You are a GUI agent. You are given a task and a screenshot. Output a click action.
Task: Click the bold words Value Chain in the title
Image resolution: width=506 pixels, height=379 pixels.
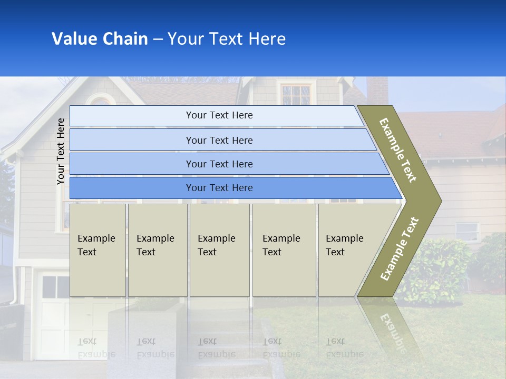point(100,39)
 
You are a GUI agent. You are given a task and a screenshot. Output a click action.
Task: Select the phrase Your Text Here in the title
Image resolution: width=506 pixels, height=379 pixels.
point(227,39)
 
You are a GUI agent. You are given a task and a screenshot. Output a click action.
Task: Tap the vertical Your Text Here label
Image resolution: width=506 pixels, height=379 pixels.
point(61,151)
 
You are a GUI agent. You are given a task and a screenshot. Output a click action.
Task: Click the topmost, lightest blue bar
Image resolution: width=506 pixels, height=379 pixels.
point(216,115)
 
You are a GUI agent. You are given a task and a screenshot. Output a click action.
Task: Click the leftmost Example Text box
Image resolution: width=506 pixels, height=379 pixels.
point(98,250)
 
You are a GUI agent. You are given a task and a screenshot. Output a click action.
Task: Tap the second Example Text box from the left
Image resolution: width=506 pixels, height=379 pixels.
point(158,250)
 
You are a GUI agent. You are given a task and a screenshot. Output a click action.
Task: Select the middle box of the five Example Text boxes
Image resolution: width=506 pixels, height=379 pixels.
point(219,250)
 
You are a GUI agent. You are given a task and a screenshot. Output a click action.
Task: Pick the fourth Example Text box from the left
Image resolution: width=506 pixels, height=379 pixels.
point(284,250)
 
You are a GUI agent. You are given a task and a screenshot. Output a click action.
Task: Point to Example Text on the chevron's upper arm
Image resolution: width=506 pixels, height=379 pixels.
point(398,150)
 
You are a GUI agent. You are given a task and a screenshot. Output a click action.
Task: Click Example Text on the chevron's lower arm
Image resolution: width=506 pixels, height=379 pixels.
point(400,249)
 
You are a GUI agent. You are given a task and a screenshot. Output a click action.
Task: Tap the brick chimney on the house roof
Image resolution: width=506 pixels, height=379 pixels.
point(377,91)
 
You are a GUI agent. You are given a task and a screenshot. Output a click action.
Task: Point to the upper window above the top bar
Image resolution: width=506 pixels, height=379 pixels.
point(296,94)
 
